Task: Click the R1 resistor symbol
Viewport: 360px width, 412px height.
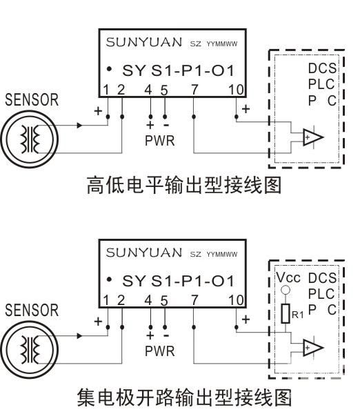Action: click(286, 313)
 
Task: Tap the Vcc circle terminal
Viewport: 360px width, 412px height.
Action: click(286, 290)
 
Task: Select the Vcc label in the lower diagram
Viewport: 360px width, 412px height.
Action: click(288, 277)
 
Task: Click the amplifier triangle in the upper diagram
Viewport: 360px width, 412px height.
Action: click(312, 137)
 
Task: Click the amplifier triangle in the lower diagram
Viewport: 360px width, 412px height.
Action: click(312, 348)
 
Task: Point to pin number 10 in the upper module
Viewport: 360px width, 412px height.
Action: click(236, 90)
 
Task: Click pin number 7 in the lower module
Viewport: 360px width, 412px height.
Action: click(194, 300)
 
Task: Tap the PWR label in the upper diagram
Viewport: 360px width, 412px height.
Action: click(159, 141)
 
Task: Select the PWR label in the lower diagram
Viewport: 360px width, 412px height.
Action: click(159, 351)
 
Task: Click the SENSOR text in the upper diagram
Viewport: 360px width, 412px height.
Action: click(32, 100)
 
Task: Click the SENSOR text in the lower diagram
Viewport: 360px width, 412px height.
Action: click(32, 310)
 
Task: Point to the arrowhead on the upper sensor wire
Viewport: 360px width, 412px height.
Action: click(79, 126)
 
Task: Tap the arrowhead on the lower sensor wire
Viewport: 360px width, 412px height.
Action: click(79, 336)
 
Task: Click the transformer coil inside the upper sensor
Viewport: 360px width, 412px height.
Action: click(30, 139)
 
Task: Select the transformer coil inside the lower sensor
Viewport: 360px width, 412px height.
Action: click(30, 350)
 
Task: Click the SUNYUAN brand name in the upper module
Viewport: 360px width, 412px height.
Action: click(144, 42)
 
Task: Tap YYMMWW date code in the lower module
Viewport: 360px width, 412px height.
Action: click(222, 255)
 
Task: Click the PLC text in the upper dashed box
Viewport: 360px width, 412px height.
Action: click(321, 84)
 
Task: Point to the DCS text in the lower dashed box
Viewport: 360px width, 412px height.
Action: click(322, 278)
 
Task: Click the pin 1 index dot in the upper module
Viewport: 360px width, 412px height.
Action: click(110, 69)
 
